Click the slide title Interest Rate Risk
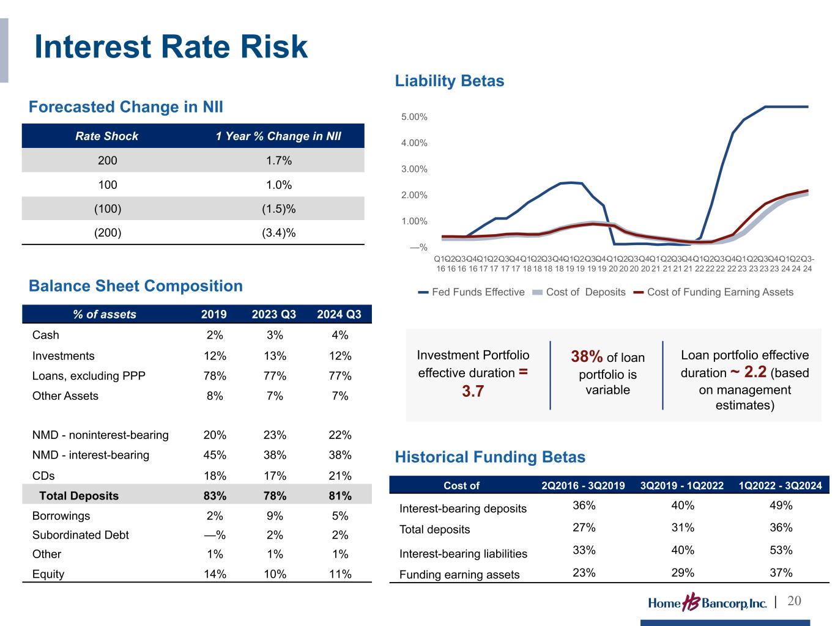point(171,47)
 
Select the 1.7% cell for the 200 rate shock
point(278,161)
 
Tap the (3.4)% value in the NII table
point(278,232)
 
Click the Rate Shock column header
point(107,136)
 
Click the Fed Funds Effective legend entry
point(472,292)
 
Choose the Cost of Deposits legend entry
point(579,292)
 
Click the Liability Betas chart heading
point(450,81)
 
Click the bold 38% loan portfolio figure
point(587,356)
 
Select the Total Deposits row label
point(79,496)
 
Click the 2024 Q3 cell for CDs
point(340,476)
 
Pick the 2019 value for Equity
point(214,574)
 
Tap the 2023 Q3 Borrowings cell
point(275,515)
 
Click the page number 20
point(794,602)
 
